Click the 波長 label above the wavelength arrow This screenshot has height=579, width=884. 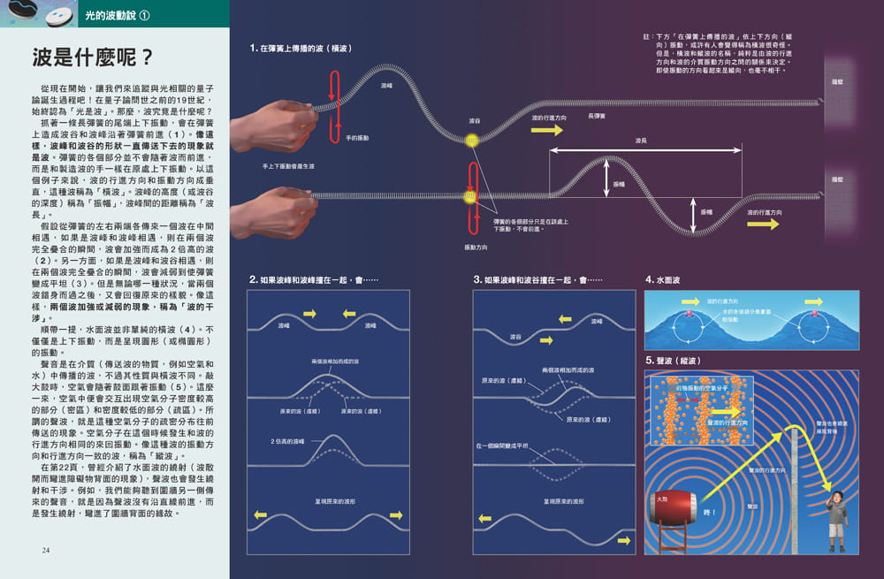[x=641, y=141]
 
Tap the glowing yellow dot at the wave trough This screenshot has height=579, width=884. [x=471, y=140]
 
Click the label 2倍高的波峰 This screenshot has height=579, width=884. [x=287, y=440]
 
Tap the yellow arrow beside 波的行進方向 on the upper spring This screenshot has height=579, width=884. [x=546, y=130]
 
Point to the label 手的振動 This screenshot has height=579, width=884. [x=358, y=139]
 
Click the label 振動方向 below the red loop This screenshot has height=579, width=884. [x=477, y=247]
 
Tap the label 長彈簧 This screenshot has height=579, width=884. [x=597, y=116]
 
